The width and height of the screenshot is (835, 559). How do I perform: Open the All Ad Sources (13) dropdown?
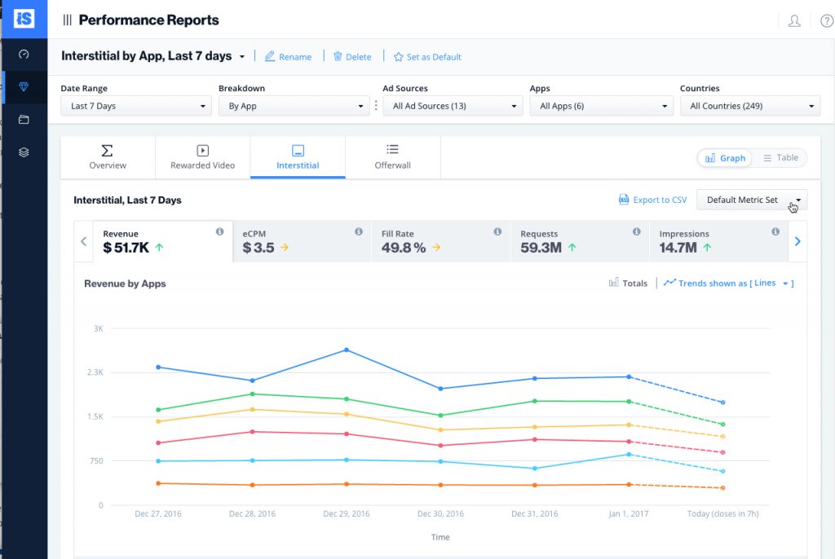[x=452, y=106]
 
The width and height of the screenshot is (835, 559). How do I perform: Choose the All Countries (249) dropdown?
[x=749, y=106]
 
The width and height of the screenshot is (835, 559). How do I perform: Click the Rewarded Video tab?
[x=202, y=157]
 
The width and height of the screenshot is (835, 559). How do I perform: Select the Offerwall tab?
[x=392, y=157]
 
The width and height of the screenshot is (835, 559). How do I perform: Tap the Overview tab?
[x=108, y=157]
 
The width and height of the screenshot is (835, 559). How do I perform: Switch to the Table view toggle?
[x=780, y=158]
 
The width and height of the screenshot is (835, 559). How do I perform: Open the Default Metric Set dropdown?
[x=751, y=200]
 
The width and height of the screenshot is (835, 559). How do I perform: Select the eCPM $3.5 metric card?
[x=301, y=241]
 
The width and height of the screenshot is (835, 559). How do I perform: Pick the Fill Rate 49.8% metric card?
[x=440, y=241]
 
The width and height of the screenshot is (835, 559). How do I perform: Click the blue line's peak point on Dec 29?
[x=347, y=350]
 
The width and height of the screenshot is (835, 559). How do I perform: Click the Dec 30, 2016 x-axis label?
[x=440, y=514]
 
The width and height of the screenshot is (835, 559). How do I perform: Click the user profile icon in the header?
[x=794, y=21]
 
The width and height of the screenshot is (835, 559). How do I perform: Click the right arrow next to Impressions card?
[x=797, y=241]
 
